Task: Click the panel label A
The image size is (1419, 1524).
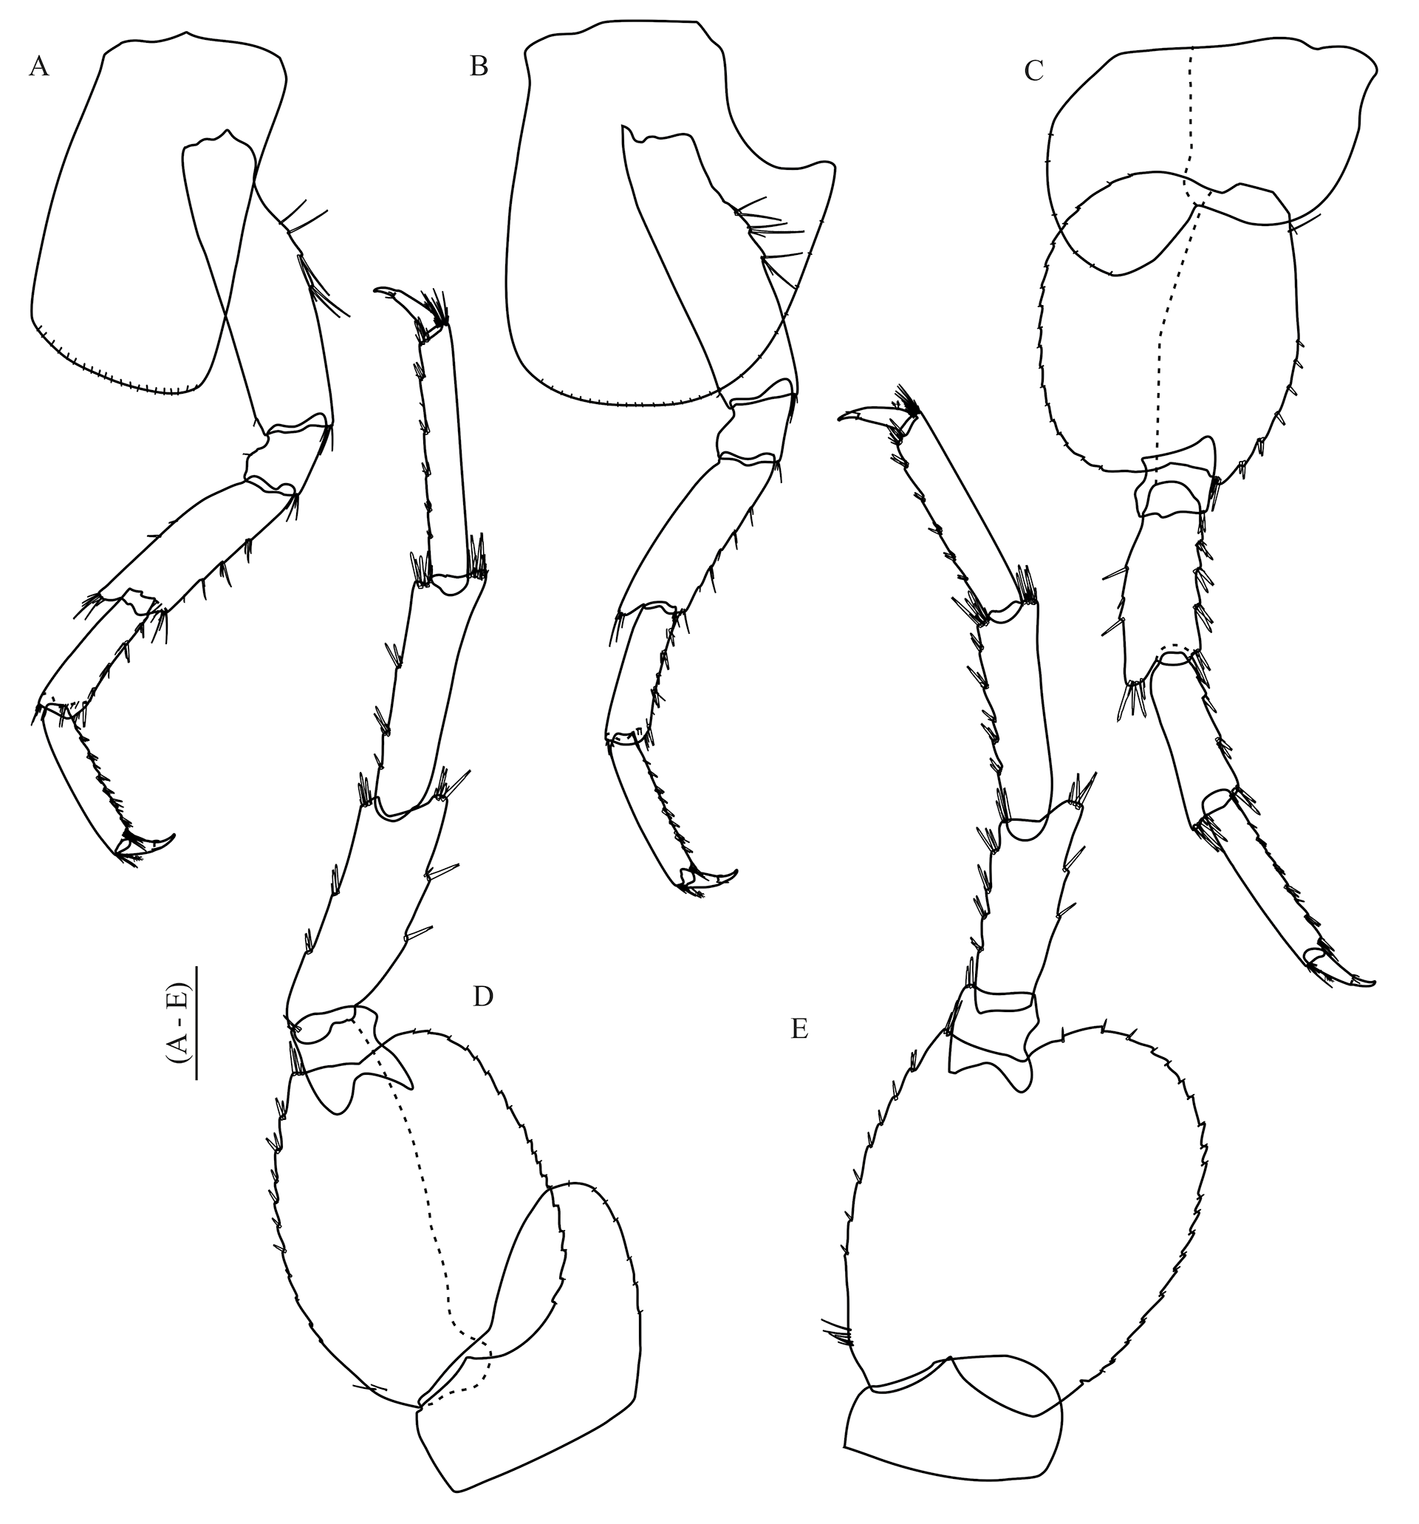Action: pos(38,67)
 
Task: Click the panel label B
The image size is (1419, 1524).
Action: pos(479,67)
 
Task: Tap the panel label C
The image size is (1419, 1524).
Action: pos(1033,70)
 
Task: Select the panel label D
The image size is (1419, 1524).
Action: pos(483,997)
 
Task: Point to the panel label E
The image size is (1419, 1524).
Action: pos(799,1030)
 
